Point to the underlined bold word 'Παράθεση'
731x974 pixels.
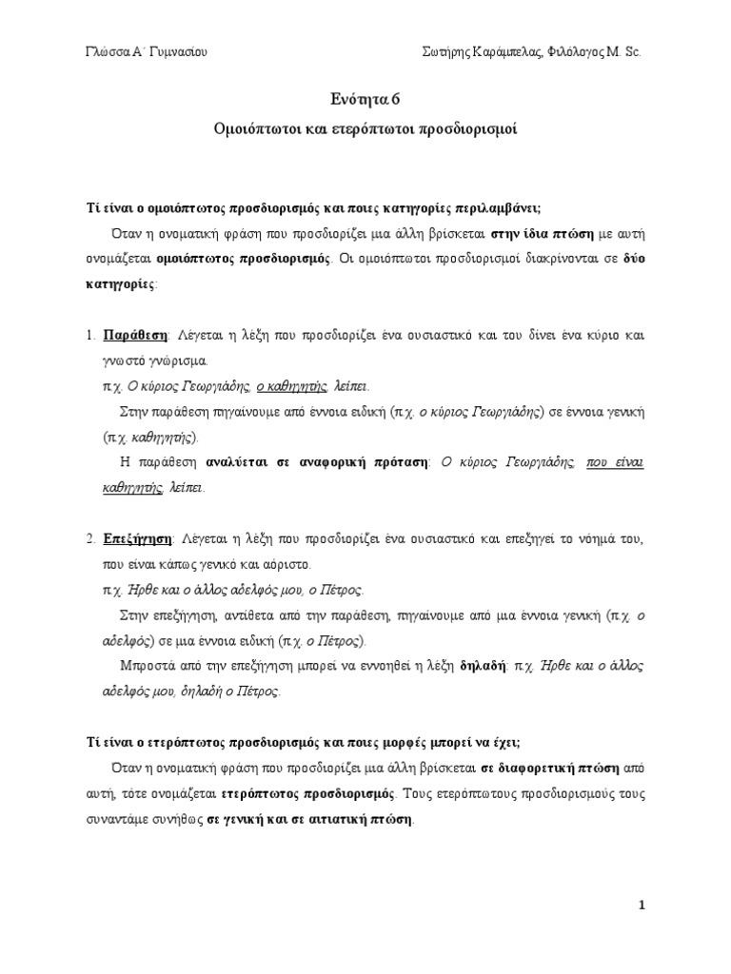click(x=135, y=336)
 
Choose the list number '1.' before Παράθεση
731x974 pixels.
click(x=90, y=336)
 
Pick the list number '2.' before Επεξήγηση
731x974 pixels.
click(x=90, y=539)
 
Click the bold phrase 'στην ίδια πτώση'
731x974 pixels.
click(x=543, y=232)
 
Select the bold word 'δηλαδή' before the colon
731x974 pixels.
click(x=483, y=666)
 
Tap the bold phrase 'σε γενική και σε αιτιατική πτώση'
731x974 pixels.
click(x=310, y=818)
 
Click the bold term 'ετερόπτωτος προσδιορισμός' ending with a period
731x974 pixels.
click(x=311, y=792)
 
